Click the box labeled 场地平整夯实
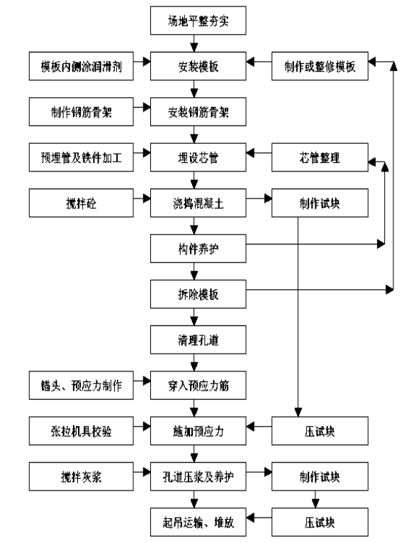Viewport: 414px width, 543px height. (x=198, y=21)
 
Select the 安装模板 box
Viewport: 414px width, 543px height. (x=198, y=66)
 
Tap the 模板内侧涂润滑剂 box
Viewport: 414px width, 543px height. (x=81, y=66)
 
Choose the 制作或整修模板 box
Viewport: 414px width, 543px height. (x=320, y=66)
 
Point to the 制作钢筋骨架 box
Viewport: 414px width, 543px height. (x=81, y=111)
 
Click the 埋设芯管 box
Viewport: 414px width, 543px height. (x=198, y=157)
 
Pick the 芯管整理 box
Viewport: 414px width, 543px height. (x=320, y=157)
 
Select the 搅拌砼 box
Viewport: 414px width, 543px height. (x=81, y=203)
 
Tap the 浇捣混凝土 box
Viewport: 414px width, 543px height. (x=198, y=203)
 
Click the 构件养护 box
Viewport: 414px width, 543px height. (x=198, y=248)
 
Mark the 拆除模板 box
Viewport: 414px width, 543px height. (x=198, y=294)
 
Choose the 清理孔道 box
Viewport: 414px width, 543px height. (x=198, y=340)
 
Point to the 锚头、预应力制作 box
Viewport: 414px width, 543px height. (x=81, y=385)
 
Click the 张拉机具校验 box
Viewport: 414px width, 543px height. (x=81, y=431)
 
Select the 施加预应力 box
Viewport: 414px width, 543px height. (x=198, y=431)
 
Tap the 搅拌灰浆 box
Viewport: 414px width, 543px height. (x=81, y=476)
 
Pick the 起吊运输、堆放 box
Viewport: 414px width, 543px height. (x=198, y=522)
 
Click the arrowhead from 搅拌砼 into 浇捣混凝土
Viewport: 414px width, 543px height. (x=147, y=198)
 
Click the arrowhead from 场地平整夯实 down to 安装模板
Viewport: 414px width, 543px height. (x=194, y=47)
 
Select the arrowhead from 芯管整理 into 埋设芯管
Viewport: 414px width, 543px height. (x=250, y=152)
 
